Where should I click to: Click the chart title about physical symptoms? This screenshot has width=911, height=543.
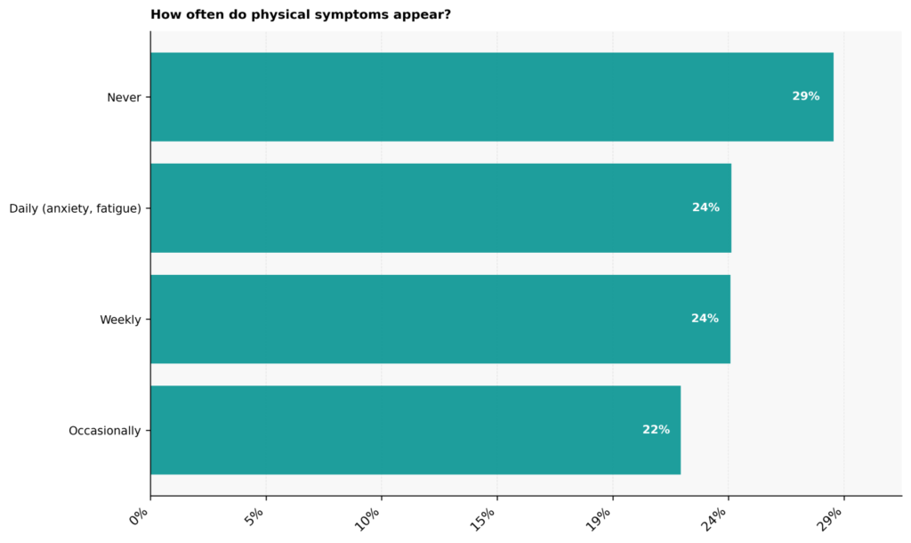coord(301,14)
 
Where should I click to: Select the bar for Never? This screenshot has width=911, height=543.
coord(492,97)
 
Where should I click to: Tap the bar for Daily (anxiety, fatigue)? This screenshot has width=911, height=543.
coord(441,208)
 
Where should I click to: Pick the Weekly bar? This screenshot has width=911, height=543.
coord(440,320)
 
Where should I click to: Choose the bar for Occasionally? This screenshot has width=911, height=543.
coord(415,430)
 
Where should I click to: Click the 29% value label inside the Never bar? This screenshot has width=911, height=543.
coord(806,96)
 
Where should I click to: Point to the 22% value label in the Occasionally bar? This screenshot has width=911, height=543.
coord(656,430)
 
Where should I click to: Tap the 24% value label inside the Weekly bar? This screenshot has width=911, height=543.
coord(705,318)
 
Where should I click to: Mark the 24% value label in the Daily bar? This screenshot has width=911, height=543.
coord(705,207)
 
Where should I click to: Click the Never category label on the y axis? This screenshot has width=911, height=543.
coord(124,98)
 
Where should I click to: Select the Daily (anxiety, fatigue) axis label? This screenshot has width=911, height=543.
coord(75,208)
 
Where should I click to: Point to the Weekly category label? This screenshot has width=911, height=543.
coord(120,320)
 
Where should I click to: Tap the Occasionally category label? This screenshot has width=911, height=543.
coord(105,431)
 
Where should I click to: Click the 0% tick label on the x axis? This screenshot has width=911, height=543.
coord(140,517)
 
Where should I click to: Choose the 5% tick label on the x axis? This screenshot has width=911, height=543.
coord(255,517)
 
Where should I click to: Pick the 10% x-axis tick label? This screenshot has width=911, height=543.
coord(367,519)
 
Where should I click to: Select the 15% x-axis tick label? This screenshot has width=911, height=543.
coord(483,519)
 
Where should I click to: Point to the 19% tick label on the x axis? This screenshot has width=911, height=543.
coord(599,519)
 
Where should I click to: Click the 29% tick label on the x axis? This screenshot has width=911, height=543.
coord(830,519)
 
